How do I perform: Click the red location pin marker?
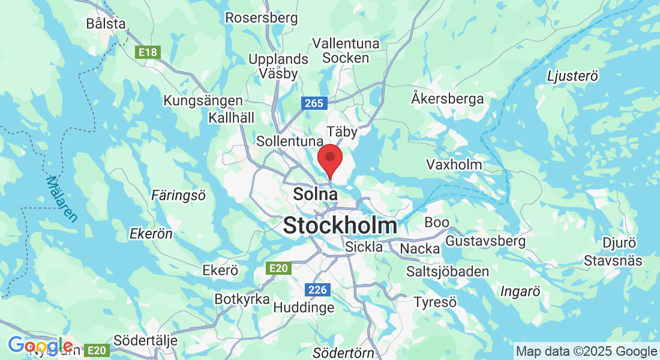329,158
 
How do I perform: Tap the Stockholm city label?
340,226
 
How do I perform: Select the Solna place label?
315,194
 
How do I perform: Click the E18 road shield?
148,53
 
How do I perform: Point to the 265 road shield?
313,103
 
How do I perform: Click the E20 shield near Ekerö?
280,268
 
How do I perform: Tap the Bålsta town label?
106,24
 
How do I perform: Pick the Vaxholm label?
454,164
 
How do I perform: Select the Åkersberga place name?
448,98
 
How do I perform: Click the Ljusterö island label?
573,76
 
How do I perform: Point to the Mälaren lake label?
62,199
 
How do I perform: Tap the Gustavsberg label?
485,241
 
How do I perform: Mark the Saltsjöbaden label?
448,271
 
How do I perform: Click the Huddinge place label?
304,308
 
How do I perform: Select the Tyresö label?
436,302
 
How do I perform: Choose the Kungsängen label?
203,101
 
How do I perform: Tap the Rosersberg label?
261,18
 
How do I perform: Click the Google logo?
40,346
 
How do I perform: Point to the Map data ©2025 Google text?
586,352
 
